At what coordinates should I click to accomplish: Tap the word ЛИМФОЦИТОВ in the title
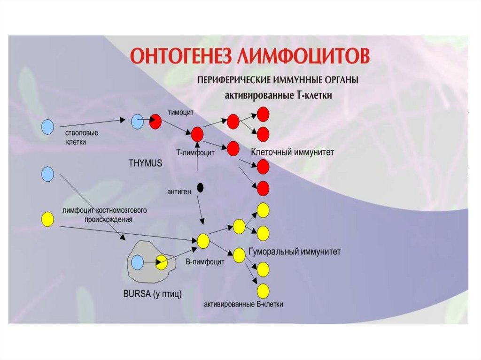point(301,56)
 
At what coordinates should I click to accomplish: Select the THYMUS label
point(145,164)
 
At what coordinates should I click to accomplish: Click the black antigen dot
point(201,188)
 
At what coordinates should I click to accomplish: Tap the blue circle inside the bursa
point(138,262)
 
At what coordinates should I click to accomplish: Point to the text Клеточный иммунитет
point(292,153)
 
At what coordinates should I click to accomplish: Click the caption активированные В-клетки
point(243,304)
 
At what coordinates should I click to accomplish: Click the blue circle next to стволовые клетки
point(47,127)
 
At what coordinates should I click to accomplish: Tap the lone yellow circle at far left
point(47,219)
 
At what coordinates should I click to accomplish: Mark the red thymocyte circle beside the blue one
point(155,122)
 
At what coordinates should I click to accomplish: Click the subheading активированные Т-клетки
point(279,95)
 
